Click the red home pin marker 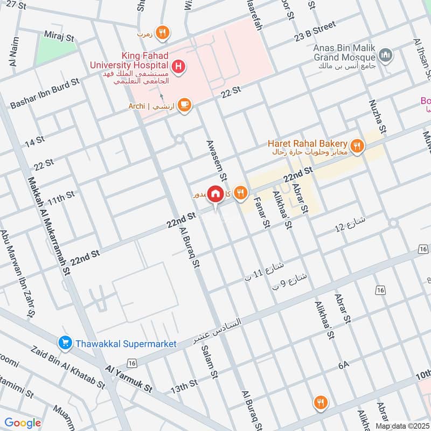click(x=215, y=193)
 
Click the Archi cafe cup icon click(x=184, y=106)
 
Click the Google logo click(x=23, y=423)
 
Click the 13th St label click(x=184, y=386)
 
